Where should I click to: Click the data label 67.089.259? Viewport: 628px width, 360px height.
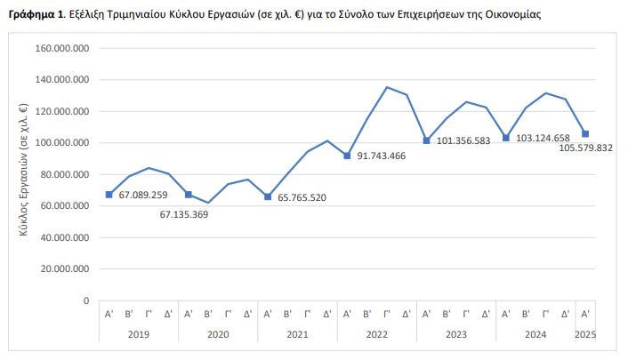143,195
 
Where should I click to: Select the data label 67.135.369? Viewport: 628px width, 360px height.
184,214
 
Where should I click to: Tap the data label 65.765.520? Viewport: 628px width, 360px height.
302,197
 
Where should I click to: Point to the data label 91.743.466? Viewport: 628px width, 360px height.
382,156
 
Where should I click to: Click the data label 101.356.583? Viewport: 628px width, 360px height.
463,140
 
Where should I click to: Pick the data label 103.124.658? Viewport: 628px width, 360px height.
543,138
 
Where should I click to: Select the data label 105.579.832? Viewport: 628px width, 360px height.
585,148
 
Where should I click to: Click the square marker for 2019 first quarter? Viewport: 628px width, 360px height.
109,195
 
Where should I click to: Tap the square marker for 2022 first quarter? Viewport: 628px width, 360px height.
347,156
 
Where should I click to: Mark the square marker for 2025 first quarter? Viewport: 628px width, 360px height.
585,133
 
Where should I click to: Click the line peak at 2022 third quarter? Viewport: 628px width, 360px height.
387,87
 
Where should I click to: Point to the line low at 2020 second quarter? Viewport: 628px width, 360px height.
208,203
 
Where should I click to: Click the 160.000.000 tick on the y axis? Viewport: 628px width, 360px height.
62,49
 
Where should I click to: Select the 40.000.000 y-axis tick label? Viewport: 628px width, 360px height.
65,237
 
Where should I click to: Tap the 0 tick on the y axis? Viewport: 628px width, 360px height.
86,300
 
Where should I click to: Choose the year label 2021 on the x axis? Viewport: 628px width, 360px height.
298,334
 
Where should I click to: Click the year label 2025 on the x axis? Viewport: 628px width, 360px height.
585,334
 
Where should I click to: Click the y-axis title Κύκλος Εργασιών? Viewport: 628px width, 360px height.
24,170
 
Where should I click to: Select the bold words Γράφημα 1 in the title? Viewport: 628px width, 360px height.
36,15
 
